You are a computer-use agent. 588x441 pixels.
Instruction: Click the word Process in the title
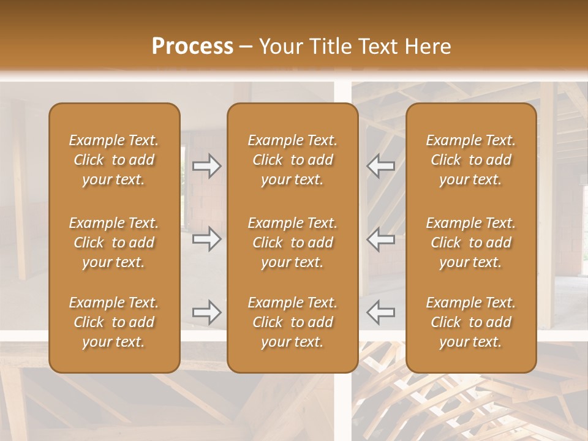tap(192, 47)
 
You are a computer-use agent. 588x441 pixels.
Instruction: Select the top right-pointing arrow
tap(207, 166)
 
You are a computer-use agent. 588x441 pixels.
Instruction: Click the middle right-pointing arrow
tap(207, 239)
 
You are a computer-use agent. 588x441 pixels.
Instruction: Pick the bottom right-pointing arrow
tap(207, 312)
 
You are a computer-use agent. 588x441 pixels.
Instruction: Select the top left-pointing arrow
tap(380, 166)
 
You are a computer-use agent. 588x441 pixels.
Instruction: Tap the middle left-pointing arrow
tap(380, 239)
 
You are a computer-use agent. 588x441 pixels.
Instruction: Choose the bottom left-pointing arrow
tap(380, 312)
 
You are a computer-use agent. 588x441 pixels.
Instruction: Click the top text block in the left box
tap(114, 160)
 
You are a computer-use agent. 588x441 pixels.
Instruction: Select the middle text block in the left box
tap(114, 243)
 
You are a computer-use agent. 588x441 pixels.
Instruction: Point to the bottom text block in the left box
tap(114, 322)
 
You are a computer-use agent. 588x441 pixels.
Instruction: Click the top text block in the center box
tap(292, 160)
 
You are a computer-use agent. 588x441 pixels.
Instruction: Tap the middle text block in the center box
tap(292, 243)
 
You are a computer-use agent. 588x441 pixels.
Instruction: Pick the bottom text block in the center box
tap(292, 322)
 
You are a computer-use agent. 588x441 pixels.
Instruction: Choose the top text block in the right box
tap(471, 160)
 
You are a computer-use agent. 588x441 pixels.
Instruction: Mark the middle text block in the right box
tap(471, 243)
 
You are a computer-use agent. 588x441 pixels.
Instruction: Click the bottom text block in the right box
tap(471, 322)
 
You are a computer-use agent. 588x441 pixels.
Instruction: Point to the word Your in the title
tap(280, 47)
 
